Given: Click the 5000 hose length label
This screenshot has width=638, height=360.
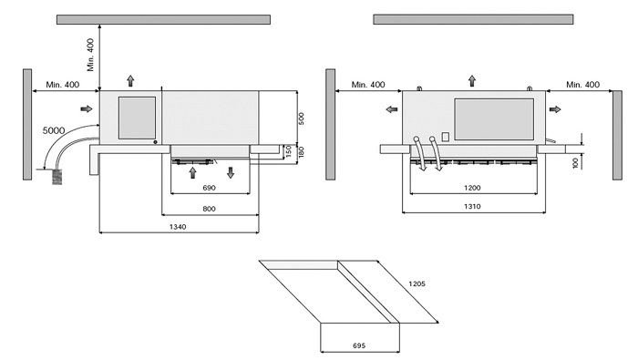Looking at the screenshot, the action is tap(54, 130).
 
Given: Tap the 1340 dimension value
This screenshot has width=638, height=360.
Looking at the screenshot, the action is tap(178, 227).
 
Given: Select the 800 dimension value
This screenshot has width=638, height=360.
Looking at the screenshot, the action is tap(209, 209).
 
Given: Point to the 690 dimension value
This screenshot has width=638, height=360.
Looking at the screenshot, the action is tap(209, 188).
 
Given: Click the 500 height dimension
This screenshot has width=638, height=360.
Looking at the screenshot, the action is tap(301, 118).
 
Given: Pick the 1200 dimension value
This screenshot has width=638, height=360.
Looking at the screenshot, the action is tap(472, 188).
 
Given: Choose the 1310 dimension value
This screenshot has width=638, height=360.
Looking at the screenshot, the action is tap(472, 207).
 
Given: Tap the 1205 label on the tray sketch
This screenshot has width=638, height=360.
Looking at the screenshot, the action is tap(417, 283).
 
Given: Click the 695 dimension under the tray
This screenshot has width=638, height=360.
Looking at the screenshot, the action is tap(359, 345).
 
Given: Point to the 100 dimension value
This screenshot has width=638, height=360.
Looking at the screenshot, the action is tap(575, 163).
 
